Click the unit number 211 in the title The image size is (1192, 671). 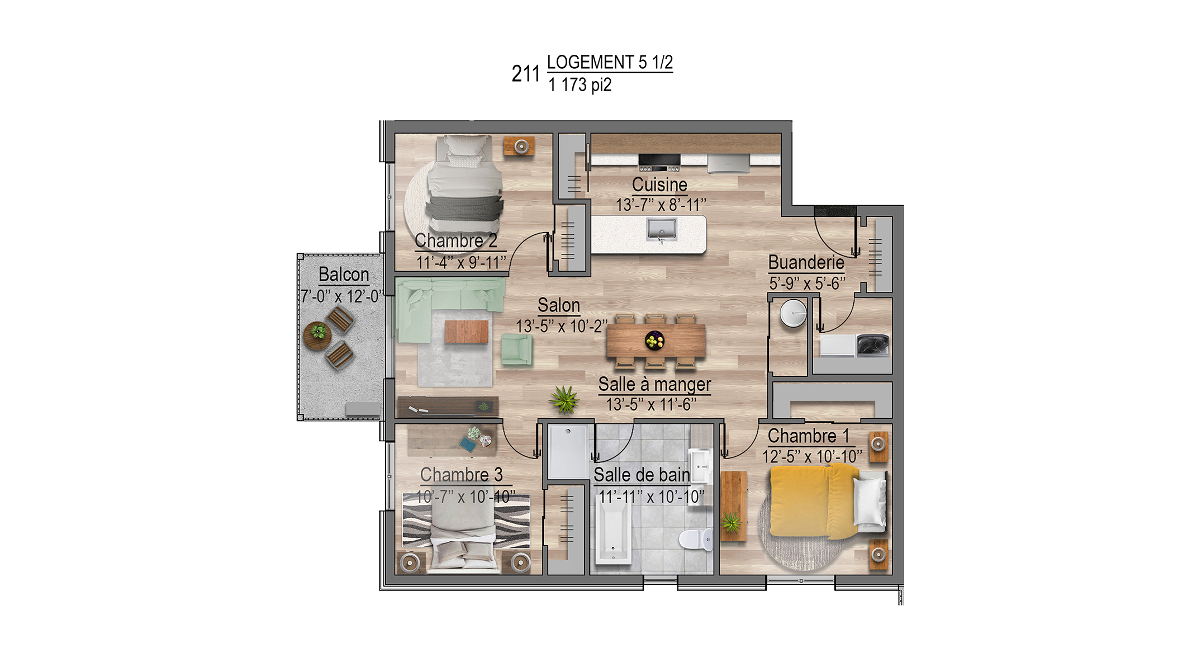coord(525,74)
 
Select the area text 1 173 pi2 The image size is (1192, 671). coord(580,85)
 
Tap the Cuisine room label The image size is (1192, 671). coord(659,185)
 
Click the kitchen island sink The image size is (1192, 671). coord(661,229)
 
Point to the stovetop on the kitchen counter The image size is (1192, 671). coord(659,162)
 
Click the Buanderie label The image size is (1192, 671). coord(806,262)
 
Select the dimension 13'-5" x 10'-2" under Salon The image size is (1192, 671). coord(561,326)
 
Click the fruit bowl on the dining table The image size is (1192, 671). coord(654,340)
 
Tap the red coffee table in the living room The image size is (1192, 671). coord(467,332)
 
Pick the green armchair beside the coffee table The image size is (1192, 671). coord(516,349)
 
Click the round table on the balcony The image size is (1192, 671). coord(317,335)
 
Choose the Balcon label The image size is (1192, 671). coord(344,275)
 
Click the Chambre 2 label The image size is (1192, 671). coord(456,240)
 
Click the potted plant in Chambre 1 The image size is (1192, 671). coord(732,523)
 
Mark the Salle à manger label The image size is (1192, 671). coord(654,384)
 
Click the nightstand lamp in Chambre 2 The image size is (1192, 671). coord(521,147)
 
